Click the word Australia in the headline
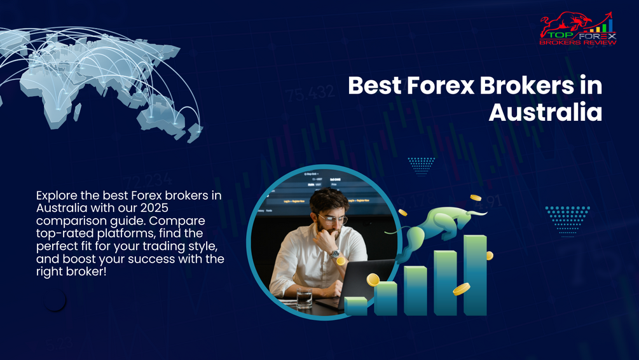pyautogui.click(x=545, y=113)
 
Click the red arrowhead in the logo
pyautogui.click(x=608, y=14)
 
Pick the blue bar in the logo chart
pyautogui.click(x=611, y=25)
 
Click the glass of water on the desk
pyautogui.click(x=305, y=297)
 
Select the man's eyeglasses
pyautogui.click(x=333, y=220)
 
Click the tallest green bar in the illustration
pyautogui.click(x=475, y=274)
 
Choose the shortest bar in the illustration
pyautogui.click(x=355, y=306)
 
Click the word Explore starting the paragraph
pyautogui.click(x=57, y=195)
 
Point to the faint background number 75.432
pyautogui.click(x=310, y=94)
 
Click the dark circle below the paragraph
pyautogui.click(x=55, y=300)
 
